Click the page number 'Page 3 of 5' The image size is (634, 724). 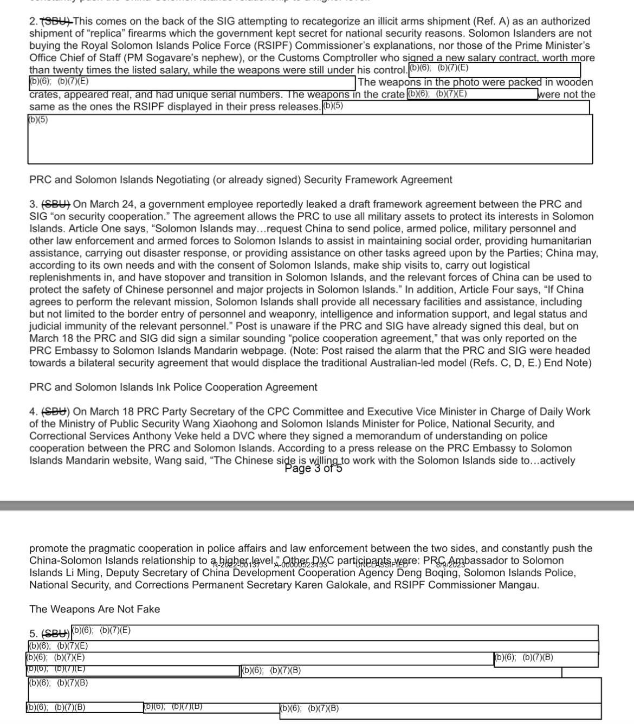[x=313, y=468]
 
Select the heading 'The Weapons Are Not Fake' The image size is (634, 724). [x=95, y=609]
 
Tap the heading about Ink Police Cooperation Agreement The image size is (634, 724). [x=173, y=387]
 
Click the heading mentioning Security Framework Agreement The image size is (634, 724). [x=241, y=179]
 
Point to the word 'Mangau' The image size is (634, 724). [x=519, y=585]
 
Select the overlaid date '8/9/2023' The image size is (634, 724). [x=451, y=565]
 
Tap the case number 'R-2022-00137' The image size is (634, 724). [x=236, y=565]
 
